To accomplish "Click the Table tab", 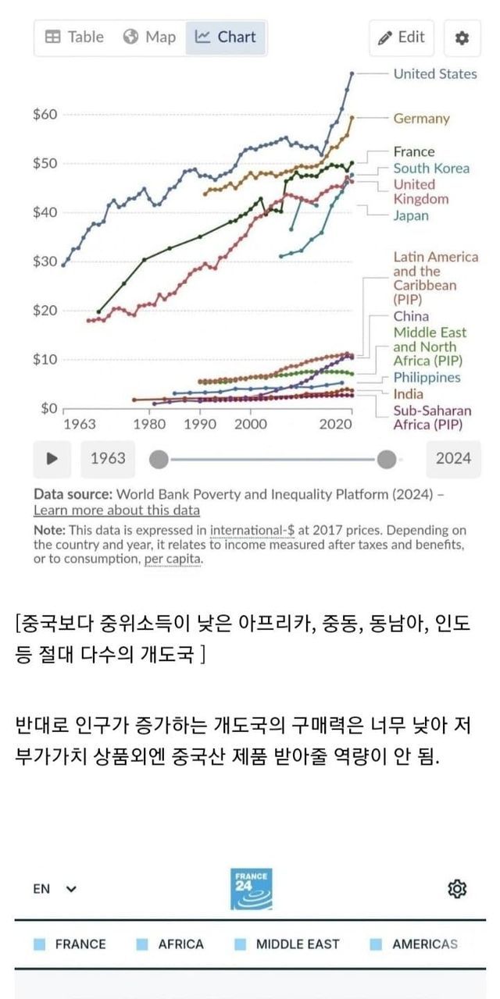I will [74, 37].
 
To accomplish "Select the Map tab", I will [150, 37].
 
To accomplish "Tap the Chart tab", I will [226, 37].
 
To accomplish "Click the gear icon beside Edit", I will [462, 37].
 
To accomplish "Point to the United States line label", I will [434, 74].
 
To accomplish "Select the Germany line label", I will [421, 119].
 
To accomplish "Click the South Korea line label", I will [431, 169].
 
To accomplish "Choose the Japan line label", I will [411, 215].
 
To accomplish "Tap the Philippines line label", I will [427, 378].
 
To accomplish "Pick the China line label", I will [411, 316].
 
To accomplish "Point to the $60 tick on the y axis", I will [45, 115].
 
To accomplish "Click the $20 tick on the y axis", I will [45, 311].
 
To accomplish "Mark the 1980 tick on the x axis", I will [149, 425].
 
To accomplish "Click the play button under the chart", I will [52, 459].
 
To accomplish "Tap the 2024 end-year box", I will [453, 459].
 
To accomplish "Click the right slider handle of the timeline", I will [386, 459].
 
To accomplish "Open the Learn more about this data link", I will [116, 510].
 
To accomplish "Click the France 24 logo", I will [251, 889].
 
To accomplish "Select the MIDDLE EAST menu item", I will [298, 944].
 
